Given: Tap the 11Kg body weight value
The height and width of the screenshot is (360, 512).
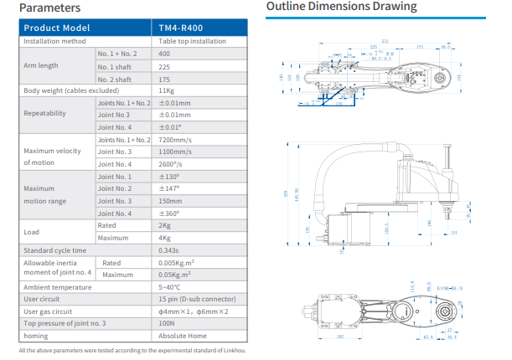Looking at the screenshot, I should click(x=165, y=90).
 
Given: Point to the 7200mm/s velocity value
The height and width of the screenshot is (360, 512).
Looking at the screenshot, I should click(x=176, y=139).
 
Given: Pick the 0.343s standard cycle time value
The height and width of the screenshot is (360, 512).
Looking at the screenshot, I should click(x=170, y=250).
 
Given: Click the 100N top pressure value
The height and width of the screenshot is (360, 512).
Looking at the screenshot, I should click(x=167, y=323).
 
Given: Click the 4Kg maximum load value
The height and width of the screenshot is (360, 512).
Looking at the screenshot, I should click(x=164, y=238).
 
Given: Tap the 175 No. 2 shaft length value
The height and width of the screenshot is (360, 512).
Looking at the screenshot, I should click(x=165, y=79).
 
